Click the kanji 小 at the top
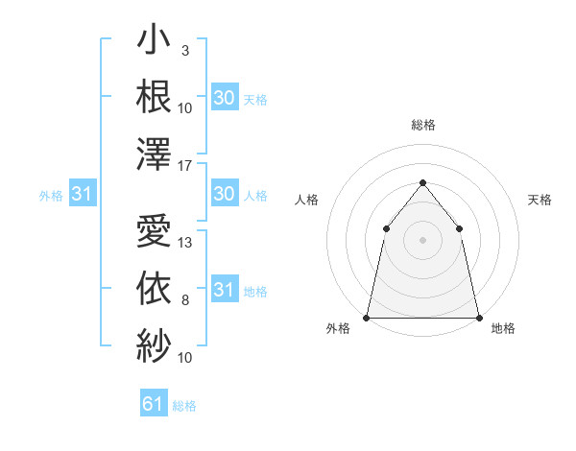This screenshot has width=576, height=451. tap(154, 42)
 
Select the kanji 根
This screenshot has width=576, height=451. tap(154, 97)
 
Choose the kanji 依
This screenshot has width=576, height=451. tap(154, 289)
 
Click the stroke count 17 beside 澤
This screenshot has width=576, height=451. tap(185, 166)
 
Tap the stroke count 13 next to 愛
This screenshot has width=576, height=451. tap(185, 242)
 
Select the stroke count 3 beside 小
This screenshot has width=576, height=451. tap(185, 49)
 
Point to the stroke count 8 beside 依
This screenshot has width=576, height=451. tap(185, 300)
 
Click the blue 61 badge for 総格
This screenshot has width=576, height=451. tap(154, 404)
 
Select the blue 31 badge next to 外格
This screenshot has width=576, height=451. tap(83, 195)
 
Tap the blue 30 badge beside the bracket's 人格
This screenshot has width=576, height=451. tap(224, 195)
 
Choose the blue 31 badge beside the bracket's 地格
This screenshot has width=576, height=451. tap(224, 290)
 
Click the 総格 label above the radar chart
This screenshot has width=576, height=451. tap(422, 125)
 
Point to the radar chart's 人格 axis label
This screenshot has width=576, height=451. tap(306, 200)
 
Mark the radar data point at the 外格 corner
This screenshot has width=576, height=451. tap(367, 317)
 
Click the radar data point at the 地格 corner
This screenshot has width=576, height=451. tap(478, 317)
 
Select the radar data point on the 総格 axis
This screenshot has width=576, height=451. tap(422, 182)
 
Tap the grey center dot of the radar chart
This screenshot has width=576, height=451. tap(422, 240)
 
